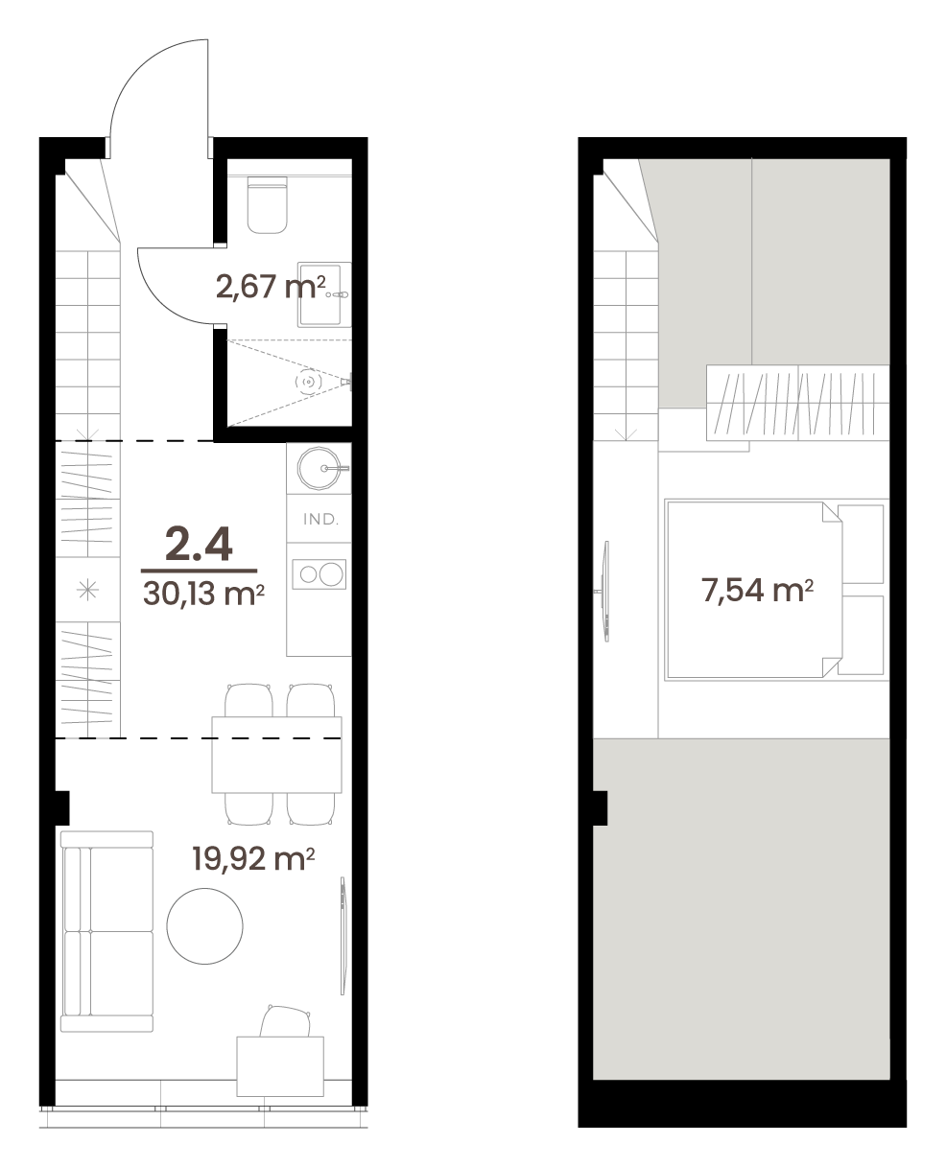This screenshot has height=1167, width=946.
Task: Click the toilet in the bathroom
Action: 267,204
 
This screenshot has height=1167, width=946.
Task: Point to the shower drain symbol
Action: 308,381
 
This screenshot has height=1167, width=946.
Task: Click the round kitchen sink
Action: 319,469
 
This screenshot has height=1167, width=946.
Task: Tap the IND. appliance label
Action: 320,519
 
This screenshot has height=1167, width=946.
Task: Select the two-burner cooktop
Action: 319,574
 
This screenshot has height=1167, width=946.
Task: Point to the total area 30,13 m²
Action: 203,594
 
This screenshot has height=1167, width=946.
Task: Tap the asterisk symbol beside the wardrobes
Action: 87,590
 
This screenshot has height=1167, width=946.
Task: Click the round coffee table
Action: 204,926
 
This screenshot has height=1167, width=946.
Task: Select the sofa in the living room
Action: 106,931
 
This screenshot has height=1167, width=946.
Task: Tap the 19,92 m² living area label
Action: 253,858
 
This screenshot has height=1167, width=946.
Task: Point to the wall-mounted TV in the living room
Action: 343,936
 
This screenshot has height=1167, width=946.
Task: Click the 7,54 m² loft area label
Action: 757,590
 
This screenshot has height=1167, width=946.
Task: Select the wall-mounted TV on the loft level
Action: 604,591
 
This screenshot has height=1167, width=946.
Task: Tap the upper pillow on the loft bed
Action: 861,544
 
